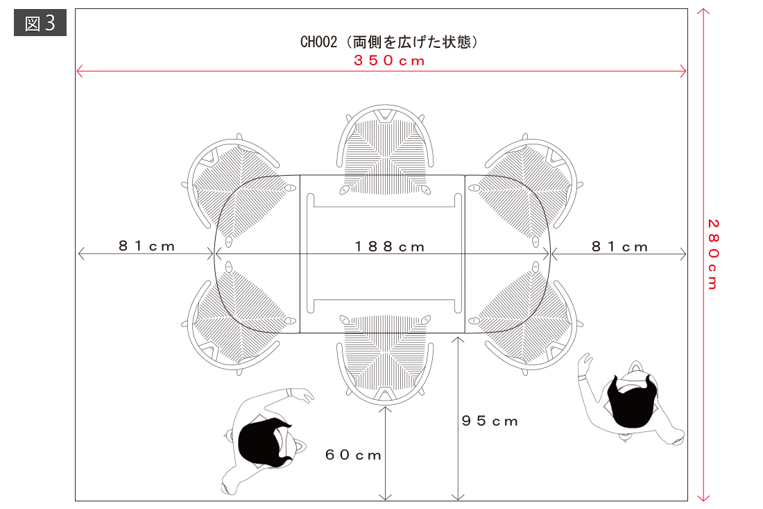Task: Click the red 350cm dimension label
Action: point(389,60)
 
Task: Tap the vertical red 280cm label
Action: point(713,254)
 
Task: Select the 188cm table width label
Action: point(389,247)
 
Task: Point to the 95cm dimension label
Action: point(490,421)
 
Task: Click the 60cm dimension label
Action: point(353,455)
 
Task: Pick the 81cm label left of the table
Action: point(146,246)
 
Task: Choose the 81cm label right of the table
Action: point(619,247)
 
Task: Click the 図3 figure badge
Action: point(40,23)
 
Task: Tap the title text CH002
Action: point(318,42)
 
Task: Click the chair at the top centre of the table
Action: point(385,149)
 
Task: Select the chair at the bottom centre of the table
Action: point(385,360)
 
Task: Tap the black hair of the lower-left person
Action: point(263,442)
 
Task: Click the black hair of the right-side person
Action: point(631,402)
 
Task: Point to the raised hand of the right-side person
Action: point(585,364)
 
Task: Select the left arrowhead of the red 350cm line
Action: point(80,71)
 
